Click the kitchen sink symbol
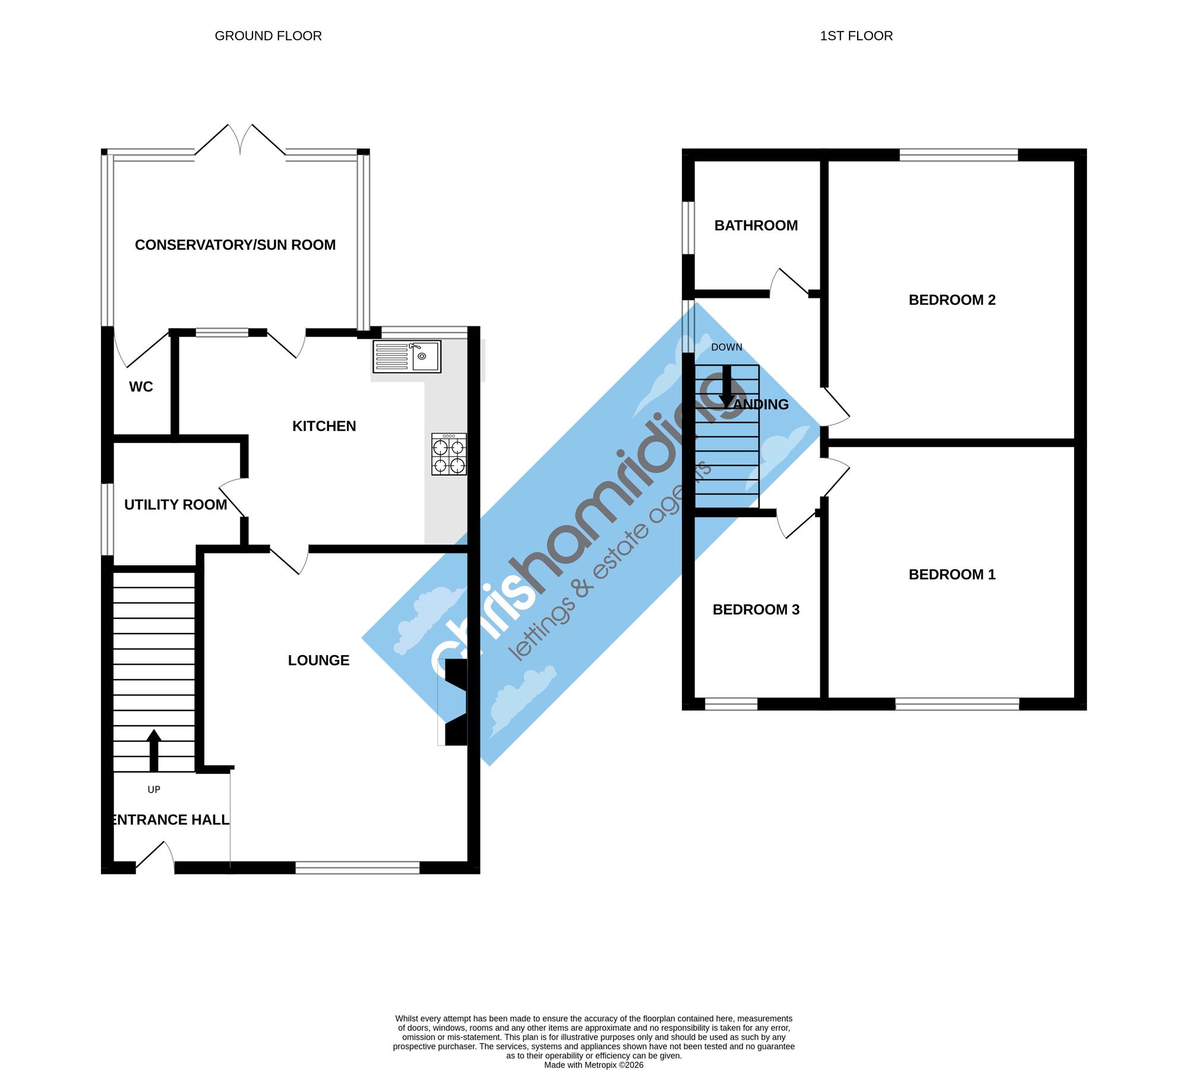point(407,357)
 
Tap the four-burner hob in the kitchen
point(449,454)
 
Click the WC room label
point(141,387)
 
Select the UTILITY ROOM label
point(176,505)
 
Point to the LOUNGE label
point(318,660)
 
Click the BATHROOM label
point(756,225)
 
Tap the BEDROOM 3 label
point(756,609)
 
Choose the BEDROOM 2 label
point(952,300)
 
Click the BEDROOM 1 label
point(952,574)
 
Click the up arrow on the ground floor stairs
point(154,750)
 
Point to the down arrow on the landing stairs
point(727,386)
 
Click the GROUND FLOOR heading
point(268,36)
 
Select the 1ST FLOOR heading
point(857,36)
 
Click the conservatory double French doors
point(241,140)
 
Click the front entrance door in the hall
point(156,858)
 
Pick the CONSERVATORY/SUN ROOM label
point(235,245)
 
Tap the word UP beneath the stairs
point(154,789)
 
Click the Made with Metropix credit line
point(594,1065)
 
